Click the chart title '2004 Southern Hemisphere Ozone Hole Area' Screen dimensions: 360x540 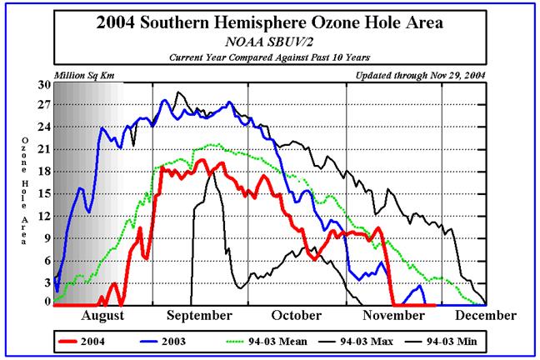click(x=270, y=25)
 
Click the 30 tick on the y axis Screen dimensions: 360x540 click(x=43, y=84)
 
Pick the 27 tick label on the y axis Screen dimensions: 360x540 click(x=43, y=106)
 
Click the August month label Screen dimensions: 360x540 click(x=104, y=316)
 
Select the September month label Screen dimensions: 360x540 click(x=198, y=316)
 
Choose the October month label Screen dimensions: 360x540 click(x=297, y=316)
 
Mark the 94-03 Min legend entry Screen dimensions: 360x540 click(x=450, y=341)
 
